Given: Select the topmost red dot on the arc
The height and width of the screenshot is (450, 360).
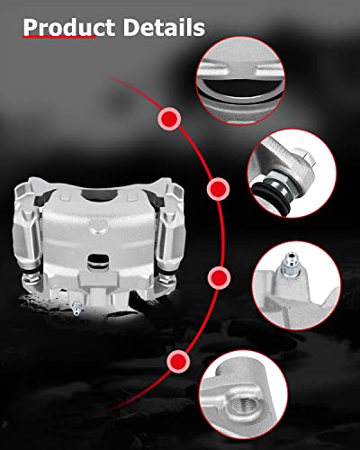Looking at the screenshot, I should click(x=168, y=117).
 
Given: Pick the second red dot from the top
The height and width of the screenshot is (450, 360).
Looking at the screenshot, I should click(x=217, y=189).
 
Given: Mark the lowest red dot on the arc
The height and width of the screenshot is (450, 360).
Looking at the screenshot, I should click(x=178, y=361).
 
